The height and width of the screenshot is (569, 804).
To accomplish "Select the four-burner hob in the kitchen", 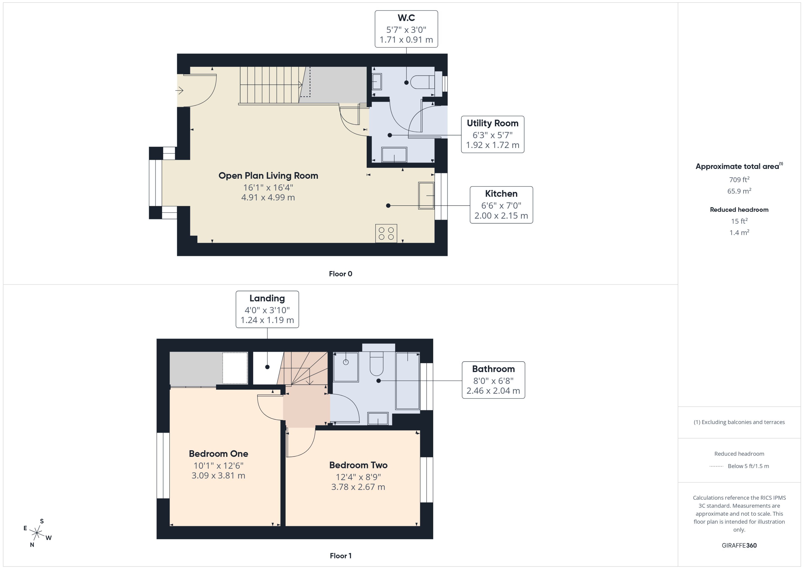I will click(386, 233).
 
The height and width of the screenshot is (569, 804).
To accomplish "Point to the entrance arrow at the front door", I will click(179, 91).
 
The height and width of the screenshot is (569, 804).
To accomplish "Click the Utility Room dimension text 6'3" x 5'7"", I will click(492, 135).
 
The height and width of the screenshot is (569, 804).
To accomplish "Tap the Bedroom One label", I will click(218, 454).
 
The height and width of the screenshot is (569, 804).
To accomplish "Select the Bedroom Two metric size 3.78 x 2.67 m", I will click(358, 487).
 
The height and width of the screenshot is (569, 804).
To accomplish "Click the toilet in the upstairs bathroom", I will click(377, 364).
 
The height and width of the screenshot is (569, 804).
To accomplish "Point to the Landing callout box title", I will click(267, 298).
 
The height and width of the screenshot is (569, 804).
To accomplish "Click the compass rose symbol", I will click(37, 533).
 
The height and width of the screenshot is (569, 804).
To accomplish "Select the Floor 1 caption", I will click(340, 556).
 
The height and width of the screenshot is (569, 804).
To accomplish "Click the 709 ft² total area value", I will click(739, 180).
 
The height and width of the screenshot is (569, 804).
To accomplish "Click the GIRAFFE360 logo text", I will click(739, 546).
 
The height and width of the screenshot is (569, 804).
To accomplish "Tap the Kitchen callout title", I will click(501, 194).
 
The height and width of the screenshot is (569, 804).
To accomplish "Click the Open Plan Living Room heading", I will click(268, 176).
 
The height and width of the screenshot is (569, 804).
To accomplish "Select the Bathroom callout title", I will click(493, 369).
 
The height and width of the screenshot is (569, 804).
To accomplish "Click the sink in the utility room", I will click(394, 155).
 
